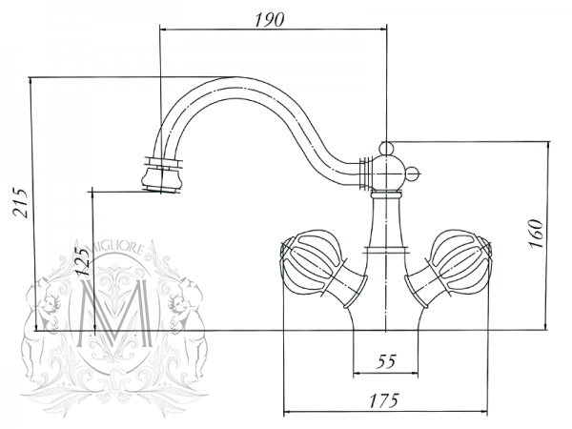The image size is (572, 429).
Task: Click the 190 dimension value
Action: point(269,20)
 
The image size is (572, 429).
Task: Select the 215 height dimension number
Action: point(21,203)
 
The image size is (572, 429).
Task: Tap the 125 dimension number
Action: point(81,261)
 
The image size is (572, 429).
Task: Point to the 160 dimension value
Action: point(536,234)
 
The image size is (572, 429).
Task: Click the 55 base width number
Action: point(386,361)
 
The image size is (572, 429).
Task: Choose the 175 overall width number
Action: point(384,400)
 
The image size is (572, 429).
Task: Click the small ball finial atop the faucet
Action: point(386,148)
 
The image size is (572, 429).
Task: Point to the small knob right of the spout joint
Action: point(414,173)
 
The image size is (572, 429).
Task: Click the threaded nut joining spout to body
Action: point(366,174)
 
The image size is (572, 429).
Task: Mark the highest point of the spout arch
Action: point(237,77)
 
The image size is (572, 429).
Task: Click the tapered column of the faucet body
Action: point(386,221)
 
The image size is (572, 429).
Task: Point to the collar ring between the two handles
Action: point(386,250)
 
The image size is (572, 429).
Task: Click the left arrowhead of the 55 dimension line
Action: point(356,373)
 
